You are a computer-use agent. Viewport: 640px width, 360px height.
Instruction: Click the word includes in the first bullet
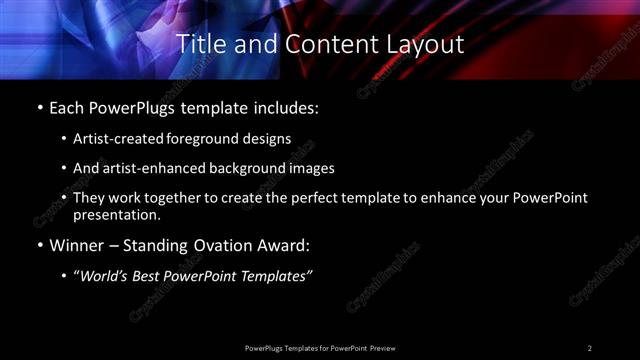284,107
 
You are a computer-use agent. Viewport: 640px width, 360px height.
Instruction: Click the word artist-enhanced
146,168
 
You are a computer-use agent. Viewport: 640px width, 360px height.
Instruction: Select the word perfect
322,198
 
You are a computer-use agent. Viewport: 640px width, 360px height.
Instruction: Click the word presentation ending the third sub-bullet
116,214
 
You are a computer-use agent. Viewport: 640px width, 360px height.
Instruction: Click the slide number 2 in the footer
590,348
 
